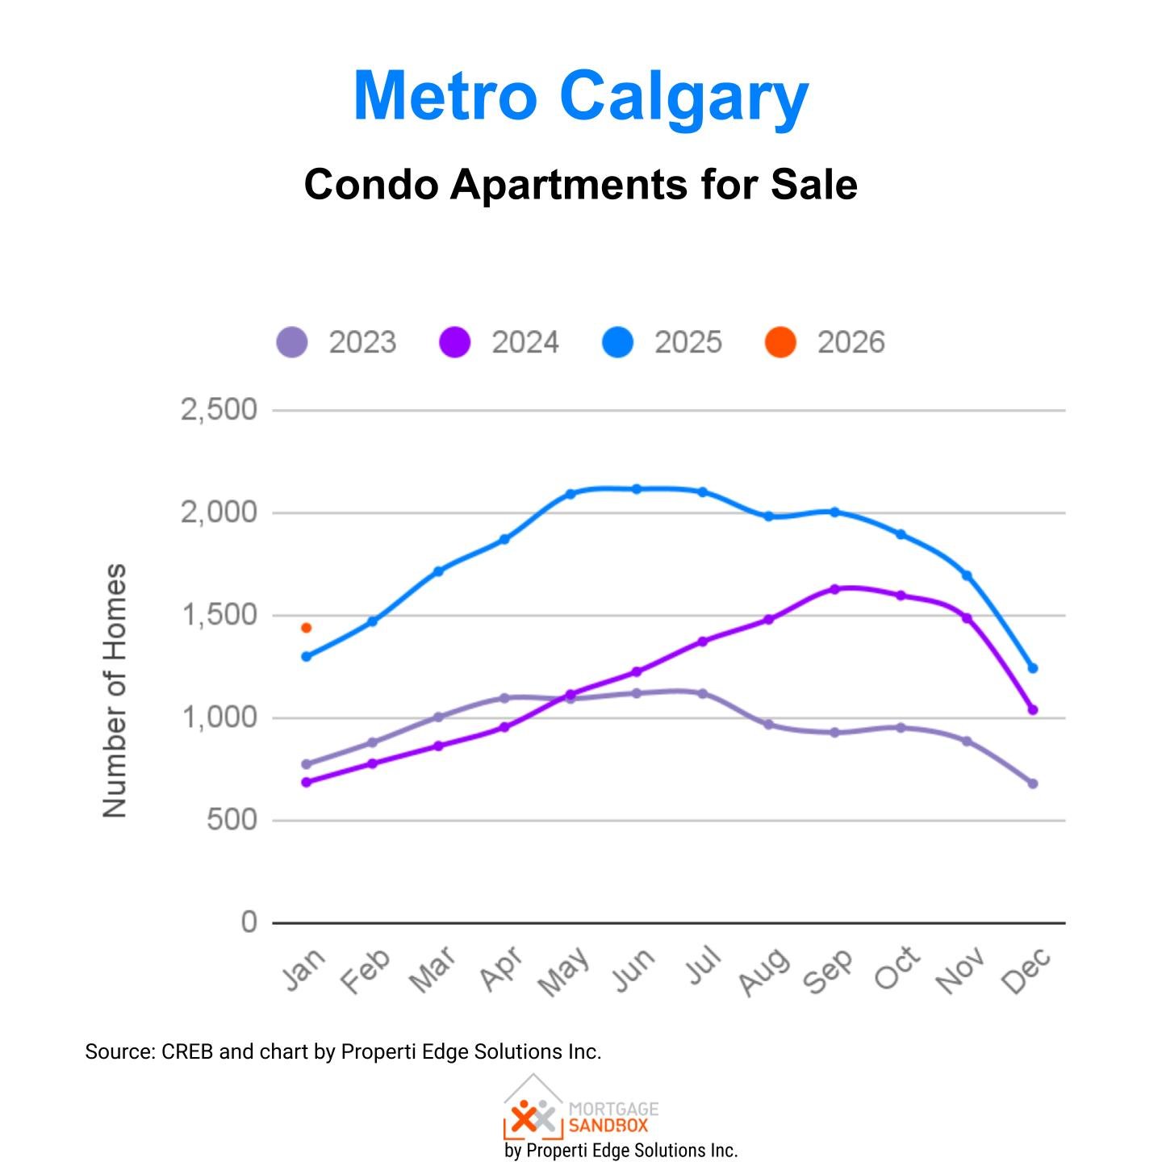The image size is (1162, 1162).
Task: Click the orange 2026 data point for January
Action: coord(306,628)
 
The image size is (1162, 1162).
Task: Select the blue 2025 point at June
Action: coord(636,489)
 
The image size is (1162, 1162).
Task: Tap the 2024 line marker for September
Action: coord(834,589)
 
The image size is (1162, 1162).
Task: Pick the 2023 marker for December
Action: coord(1032,784)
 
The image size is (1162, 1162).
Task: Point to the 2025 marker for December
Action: coord(1032,668)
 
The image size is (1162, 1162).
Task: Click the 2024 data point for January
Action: coord(306,782)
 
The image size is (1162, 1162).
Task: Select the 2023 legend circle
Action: coord(292,342)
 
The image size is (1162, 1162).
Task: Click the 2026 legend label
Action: coord(851,342)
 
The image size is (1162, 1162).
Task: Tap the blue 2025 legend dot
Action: coord(618,342)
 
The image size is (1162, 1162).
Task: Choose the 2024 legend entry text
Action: coord(525,342)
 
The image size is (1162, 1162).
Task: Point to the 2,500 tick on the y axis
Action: coord(219,410)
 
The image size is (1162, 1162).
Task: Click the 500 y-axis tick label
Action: coord(232,820)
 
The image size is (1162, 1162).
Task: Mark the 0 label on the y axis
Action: coord(249,922)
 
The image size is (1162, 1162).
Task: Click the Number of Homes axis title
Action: coord(115,690)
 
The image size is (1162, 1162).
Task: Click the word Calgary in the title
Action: coord(683,97)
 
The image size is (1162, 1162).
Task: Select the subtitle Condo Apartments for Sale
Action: coord(580,185)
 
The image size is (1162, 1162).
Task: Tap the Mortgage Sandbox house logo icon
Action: coord(533,1109)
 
